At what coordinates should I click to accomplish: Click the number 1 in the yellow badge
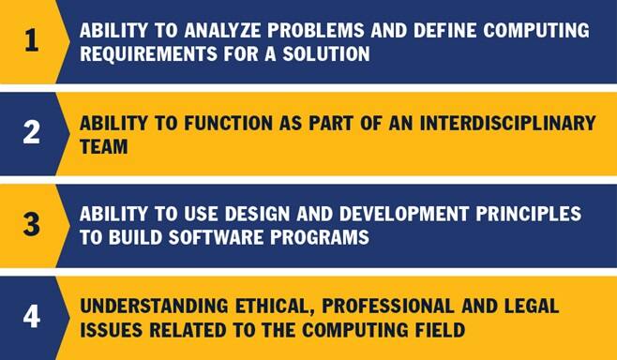[x=31, y=42]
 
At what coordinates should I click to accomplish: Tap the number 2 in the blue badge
[x=31, y=134]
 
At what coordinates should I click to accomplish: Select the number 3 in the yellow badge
[x=31, y=226]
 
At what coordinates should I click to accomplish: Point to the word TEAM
[x=101, y=146]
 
